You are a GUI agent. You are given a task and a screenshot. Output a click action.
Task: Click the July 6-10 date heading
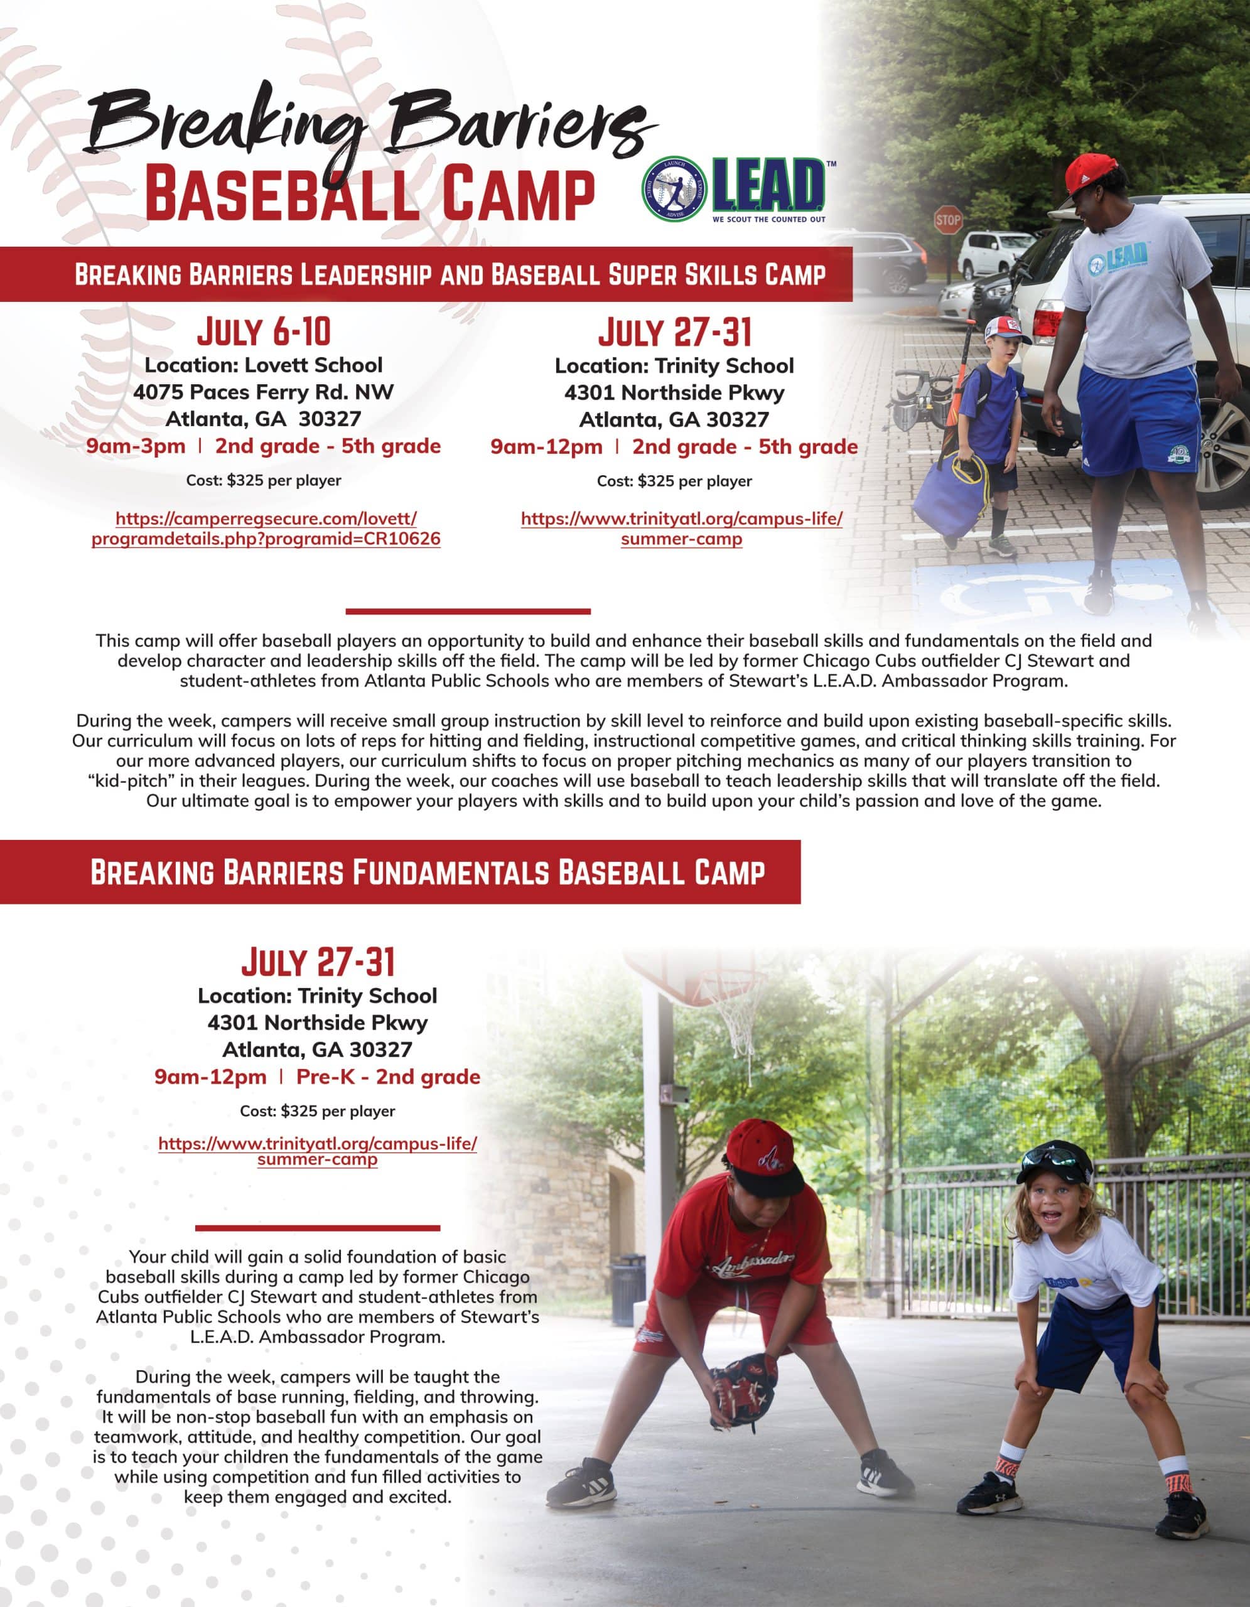click(x=264, y=332)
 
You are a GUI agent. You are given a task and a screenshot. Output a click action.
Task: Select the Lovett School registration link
click(x=266, y=529)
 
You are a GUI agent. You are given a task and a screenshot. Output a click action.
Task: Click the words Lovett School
click(x=313, y=365)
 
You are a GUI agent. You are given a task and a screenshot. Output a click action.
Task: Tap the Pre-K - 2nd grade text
click(x=388, y=1077)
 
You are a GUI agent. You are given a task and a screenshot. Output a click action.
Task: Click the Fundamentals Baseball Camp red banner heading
click(x=428, y=872)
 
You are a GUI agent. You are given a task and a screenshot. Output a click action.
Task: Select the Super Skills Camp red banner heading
click(x=450, y=274)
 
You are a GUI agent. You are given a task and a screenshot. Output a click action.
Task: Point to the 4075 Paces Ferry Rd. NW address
click(x=264, y=392)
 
